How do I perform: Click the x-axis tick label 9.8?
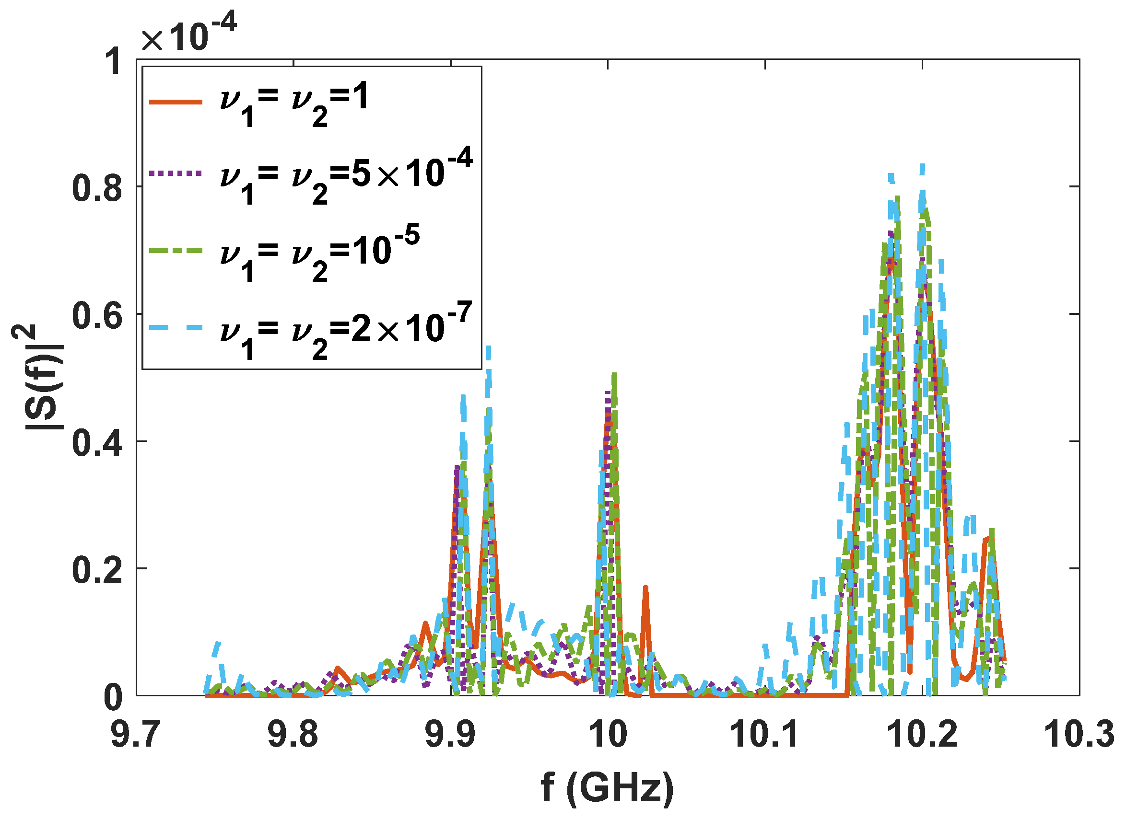293,735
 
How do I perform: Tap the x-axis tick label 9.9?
450,735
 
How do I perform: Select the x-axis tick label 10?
608,735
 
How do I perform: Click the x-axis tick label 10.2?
922,735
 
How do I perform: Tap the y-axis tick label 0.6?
97,315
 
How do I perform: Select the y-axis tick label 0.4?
97,442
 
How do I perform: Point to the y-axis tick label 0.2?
97,570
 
